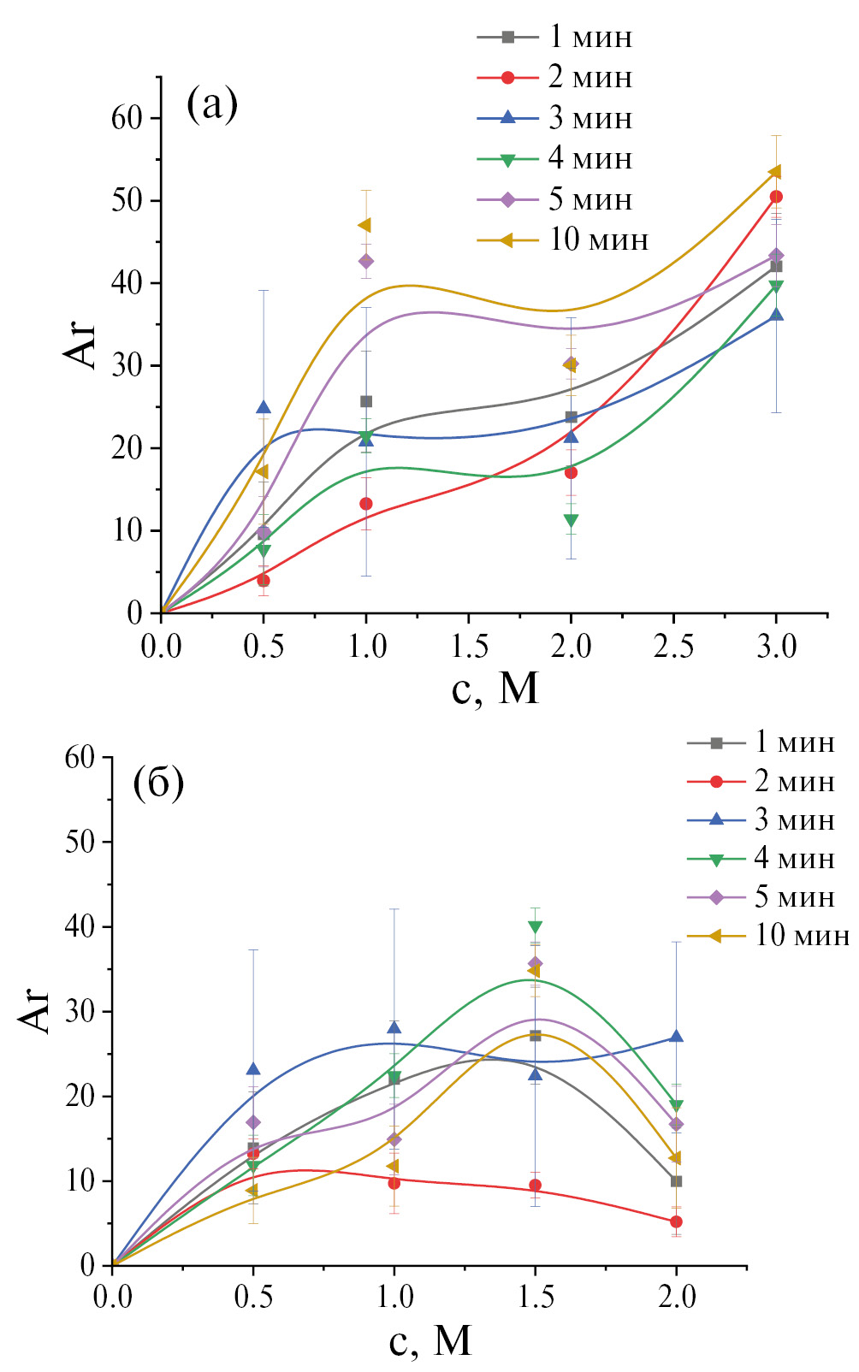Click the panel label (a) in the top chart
(211, 104)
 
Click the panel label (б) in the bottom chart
(159, 784)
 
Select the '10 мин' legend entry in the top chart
(598, 240)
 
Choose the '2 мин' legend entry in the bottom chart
(794, 781)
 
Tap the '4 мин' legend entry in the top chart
(590, 158)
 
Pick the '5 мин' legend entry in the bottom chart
(794, 896)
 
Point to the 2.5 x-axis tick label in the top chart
(673, 646)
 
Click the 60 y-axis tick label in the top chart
(126, 118)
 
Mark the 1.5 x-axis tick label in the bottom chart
(535, 1298)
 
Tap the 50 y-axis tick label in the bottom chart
(82, 842)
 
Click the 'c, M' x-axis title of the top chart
(495, 687)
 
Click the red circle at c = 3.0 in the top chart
(776, 197)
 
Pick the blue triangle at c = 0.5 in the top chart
(264, 407)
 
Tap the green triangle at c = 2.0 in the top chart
(571, 520)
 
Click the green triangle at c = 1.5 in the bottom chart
(535, 926)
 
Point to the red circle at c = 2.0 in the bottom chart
(676, 1221)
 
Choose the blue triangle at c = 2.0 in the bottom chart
(676, 1037)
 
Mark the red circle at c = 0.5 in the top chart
(264, 580)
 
